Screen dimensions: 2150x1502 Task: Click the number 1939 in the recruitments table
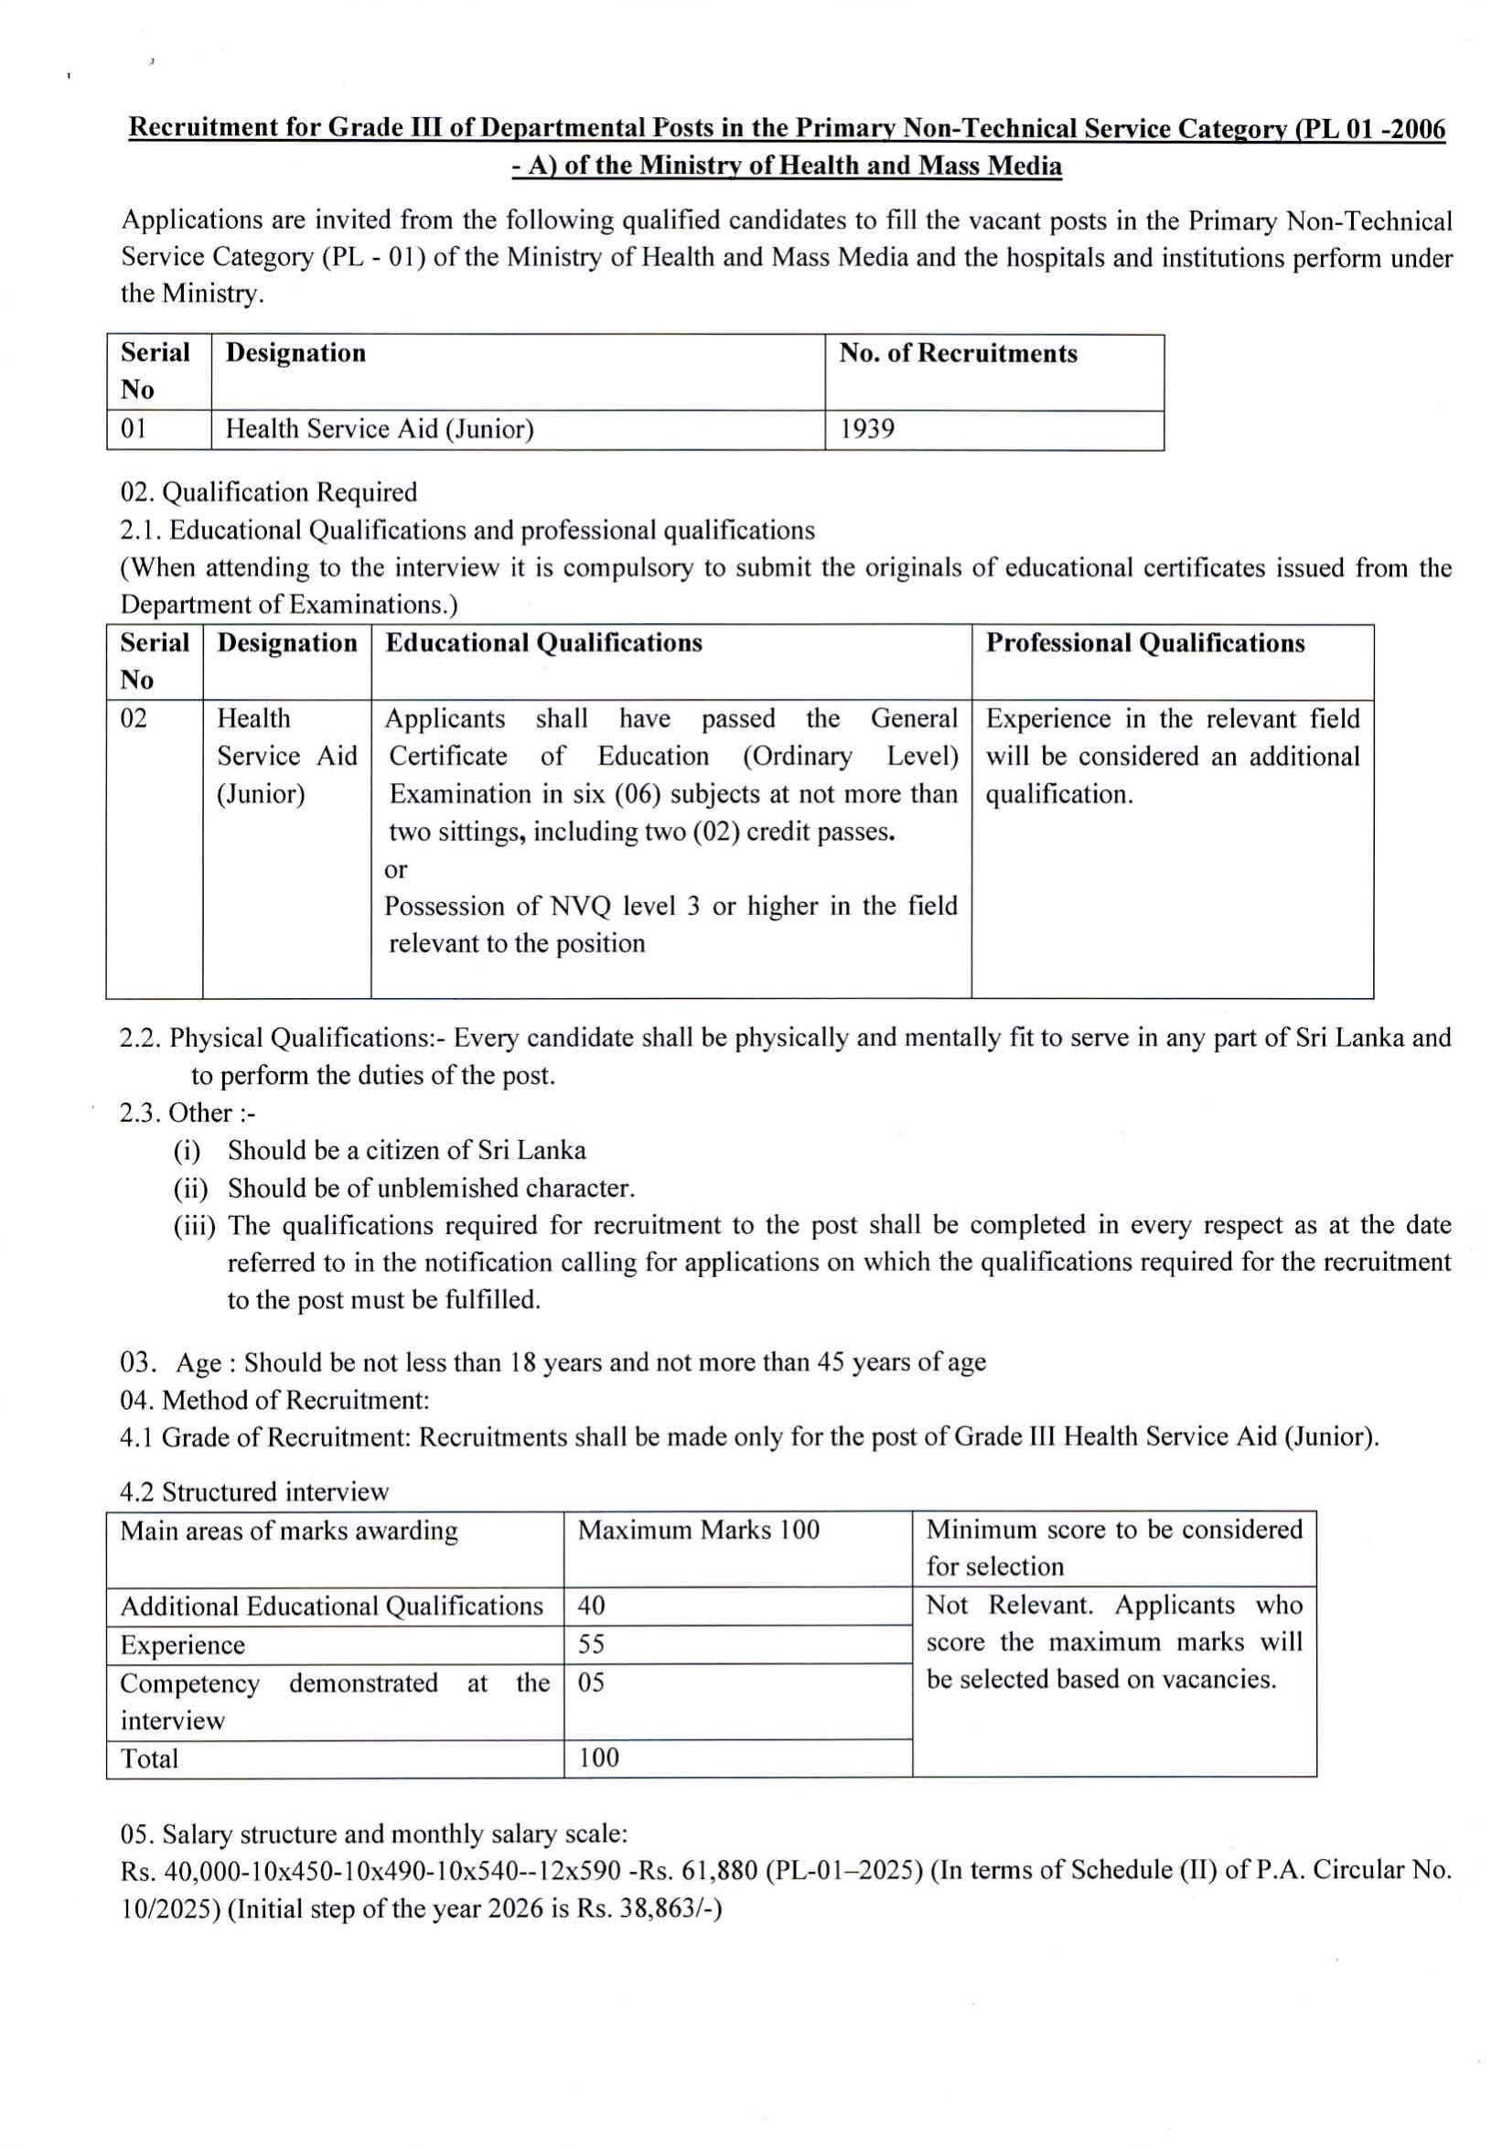coord(866,429)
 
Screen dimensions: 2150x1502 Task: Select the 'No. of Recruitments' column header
coord(957,353)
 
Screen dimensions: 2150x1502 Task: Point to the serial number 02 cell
coord(134,718)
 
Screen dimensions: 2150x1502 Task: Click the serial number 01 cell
coord(134,429)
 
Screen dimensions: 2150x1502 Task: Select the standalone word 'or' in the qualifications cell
coord(395,869)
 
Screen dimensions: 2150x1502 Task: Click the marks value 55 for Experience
coord(591,1643)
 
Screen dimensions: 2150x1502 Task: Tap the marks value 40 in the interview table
coord(591,1605)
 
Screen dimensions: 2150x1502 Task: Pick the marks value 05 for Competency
coord(591,1682)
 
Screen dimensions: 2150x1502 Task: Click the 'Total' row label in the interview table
coord(149,1758)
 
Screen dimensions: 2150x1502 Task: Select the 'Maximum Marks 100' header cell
coord(698,1529)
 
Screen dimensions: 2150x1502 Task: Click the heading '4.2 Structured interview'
coord(253,1491)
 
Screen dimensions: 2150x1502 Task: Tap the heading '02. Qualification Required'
coord(268,491)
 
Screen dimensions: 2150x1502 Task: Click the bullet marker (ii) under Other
coord(190,1188)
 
